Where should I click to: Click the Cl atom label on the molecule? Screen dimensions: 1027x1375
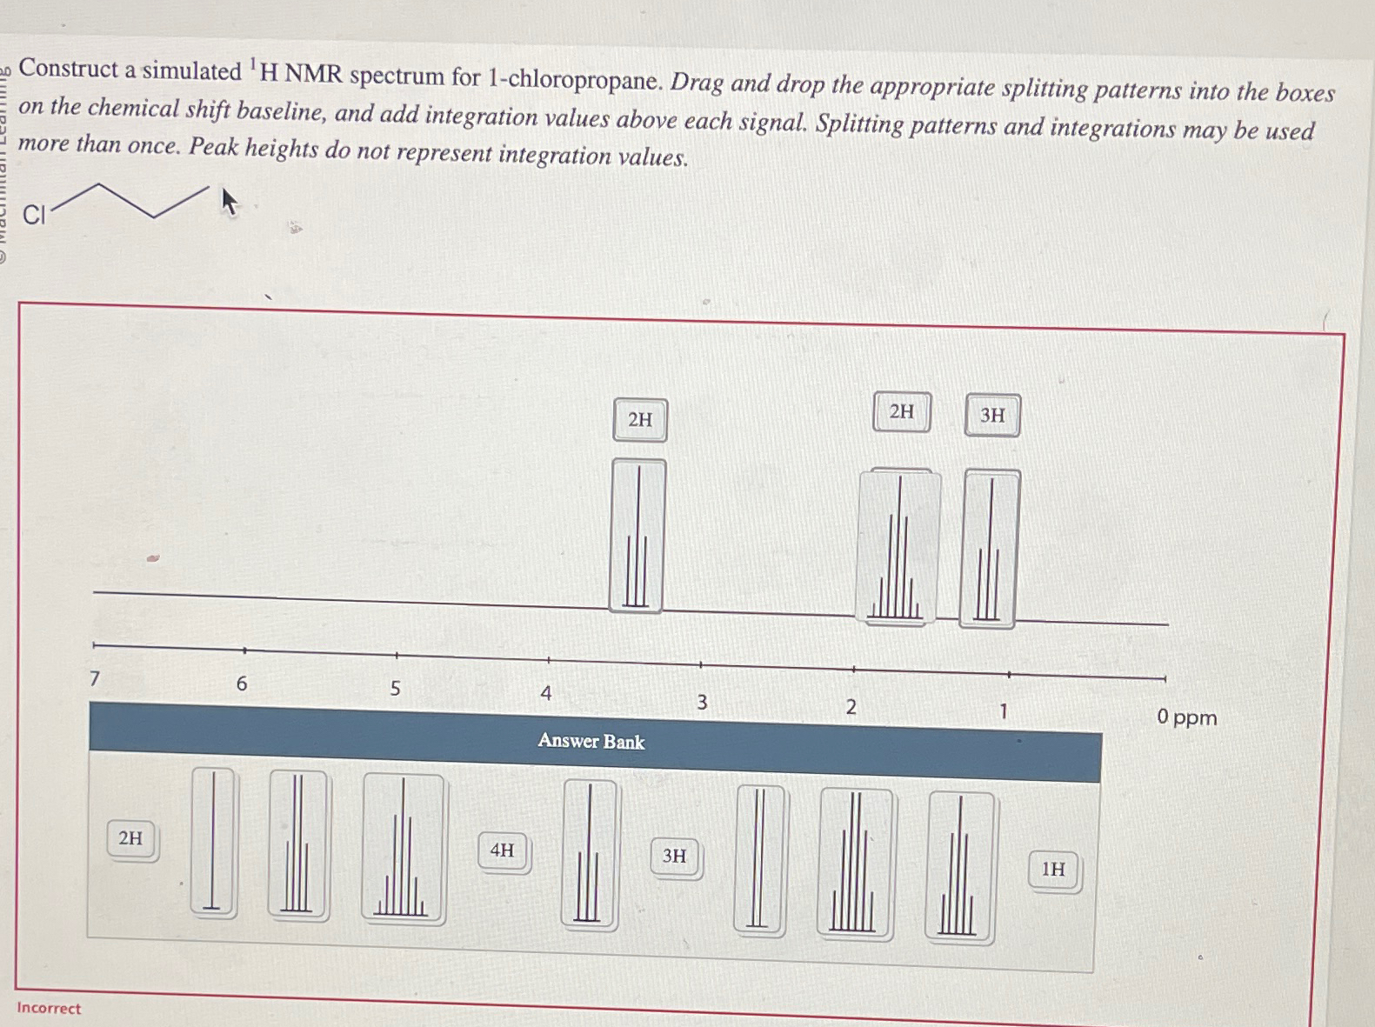click(x=34, y=215)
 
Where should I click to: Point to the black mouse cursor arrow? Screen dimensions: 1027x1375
click(x=229, y=202)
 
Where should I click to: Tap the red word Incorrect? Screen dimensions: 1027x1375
click(x=49, y=1008)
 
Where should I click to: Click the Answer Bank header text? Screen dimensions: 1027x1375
click(x=591, y=741)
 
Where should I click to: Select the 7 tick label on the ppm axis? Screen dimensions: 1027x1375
click(x=95, y=678)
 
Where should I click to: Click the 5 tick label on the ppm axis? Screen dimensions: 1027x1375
click(x=395, y=689)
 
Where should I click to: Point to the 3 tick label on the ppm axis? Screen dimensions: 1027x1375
click(x=702, y=702)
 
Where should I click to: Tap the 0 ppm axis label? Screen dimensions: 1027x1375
click(x=1186, y=717)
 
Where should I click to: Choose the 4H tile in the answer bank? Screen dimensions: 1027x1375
click(x=502, y=850)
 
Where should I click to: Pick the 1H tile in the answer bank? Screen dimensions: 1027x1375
click(x=1053, y=869)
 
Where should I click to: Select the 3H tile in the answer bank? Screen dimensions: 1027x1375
click(x=674, y=856)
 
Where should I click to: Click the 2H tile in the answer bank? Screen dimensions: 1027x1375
click(x=130, y=838)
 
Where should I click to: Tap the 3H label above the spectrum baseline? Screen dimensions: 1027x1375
click(x=992, y=416)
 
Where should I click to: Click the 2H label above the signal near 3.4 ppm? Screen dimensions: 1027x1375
click(x=640, y=420)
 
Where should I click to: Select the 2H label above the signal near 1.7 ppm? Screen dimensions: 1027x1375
click(x=902, y=411)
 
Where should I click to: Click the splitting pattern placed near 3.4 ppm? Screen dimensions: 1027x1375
click(x=637, y=536)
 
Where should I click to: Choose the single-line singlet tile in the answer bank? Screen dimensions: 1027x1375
click(x=213, y=841)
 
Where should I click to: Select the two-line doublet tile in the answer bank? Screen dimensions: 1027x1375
click(x=759, y=859)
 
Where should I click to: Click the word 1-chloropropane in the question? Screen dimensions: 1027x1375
click(x=573, y=81)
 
